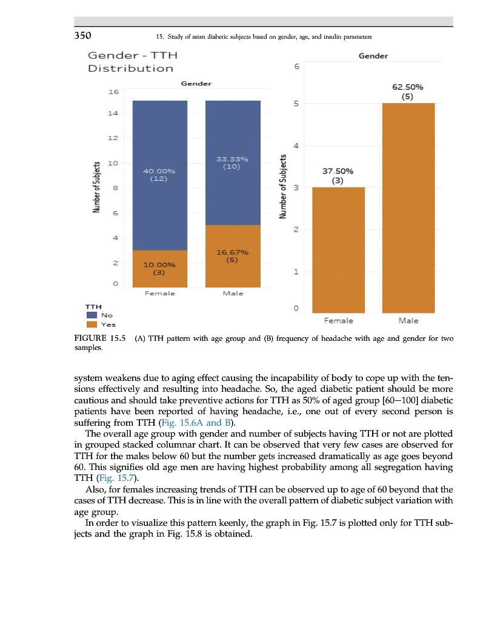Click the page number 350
coord(83,36)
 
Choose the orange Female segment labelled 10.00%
coord(159,269)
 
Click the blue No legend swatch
coord(92,315)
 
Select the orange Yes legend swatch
coord(92,324)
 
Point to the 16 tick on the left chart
coord(113,92)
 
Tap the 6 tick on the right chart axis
coord(296,66)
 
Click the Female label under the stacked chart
coord(159,294)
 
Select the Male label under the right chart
coord(408,320)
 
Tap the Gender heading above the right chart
coord(373,56)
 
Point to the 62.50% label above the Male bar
coord(408,87)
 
